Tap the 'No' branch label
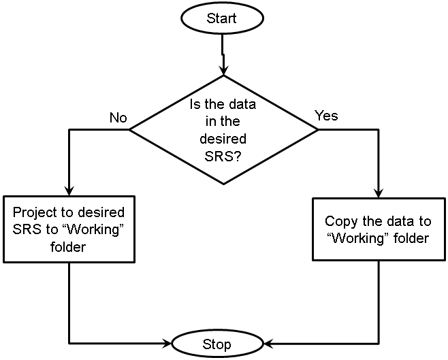click(x=118, y=118)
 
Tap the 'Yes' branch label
click(x=325, y=116)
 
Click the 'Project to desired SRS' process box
click(x=69, y=229)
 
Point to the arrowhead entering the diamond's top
click(x=223, y=69)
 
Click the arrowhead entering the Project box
click(x=69, y=191)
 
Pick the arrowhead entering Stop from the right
click(x=268, y=342)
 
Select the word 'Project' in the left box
click(x=33, y=212)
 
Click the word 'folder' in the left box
click(x=68, y=246)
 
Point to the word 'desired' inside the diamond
click(x=222, y=138)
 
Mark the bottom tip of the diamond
click(x=223, y=184)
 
